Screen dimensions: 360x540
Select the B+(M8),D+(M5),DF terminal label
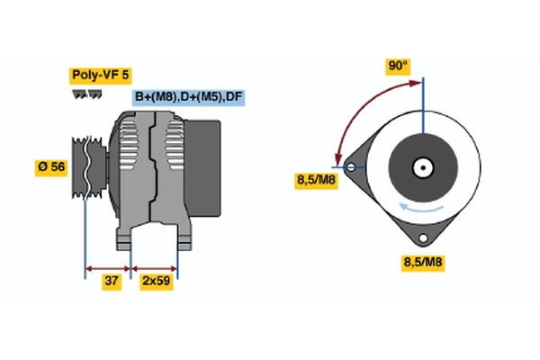tap(189, 96)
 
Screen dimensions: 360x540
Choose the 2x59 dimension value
tap(156, 282)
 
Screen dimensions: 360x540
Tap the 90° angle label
tap(398, 66)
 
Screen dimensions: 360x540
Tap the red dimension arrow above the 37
tap(107, 267)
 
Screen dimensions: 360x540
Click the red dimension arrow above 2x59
tap(155, 267)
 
